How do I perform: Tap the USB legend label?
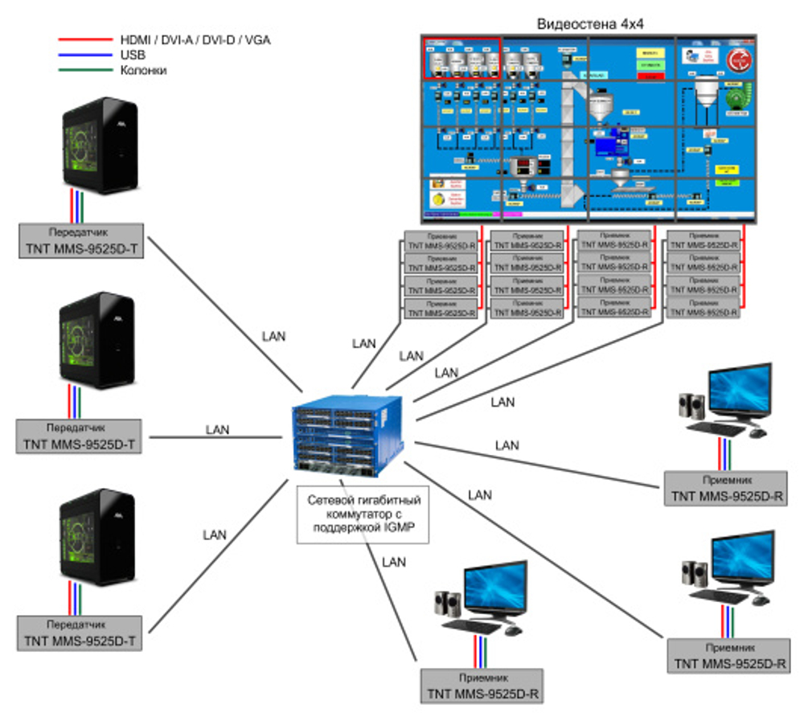point(133,55)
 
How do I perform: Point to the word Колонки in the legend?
point(144,71)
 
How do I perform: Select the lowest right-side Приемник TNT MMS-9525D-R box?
point(728,655)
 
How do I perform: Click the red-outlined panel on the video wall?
point(462,58)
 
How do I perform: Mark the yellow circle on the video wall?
point(438,199)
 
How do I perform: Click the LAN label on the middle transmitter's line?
point(217,430)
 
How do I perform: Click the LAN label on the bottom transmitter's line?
point(215,534)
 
